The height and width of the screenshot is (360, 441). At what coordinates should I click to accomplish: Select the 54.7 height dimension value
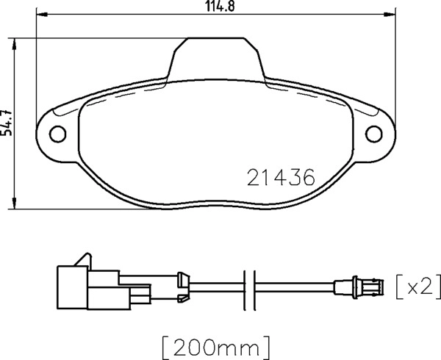[7, 122]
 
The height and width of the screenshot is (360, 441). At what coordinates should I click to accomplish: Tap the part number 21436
[280, 177]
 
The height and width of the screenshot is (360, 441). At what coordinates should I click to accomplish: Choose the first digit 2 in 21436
[252, 177]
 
